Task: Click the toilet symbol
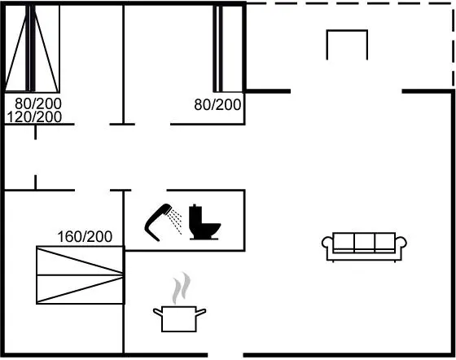pyautogui.click(x=204, y=222)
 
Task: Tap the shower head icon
pyautogui.click(x=159, y=222)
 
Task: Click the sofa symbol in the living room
pyautogui.click(x=364, y=247)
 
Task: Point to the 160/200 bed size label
pyautogui.click(x=85, y=237)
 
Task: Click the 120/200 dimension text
pyautogui.click(x=34, y=117)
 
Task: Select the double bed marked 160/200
pyautogui.click(x=81, y=275)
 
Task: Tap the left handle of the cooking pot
pyautogui.click(x=158, y=313)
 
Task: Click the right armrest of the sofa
pyautogui.click(x=401, y=243)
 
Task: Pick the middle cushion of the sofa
pyautogui.click(x=365, y=243)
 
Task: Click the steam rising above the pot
pyautogui.click(x=181, y=288)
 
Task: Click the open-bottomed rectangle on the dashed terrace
pyautogui.click(x=347, y=30)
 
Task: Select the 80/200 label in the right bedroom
pyautogui.click(x=217, y=105)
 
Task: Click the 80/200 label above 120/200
pyautogui.click(x=38, y=103)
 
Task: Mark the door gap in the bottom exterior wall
pyautogui.click(x=226, y=355)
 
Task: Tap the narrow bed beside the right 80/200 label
pyautogui.click(x=228, y=48)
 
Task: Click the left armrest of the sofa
pyautogui.click(x=327, y=243)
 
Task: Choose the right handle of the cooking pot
pyautogui.click(x=201, y=313)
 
